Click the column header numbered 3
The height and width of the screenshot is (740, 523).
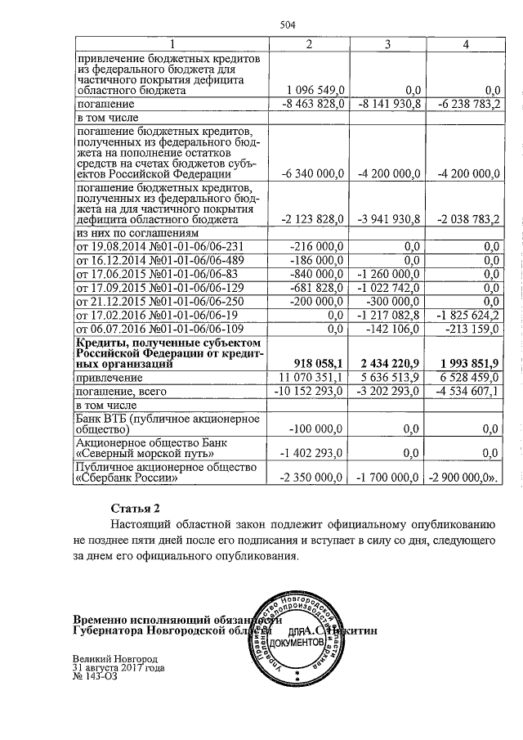[387, 43]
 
